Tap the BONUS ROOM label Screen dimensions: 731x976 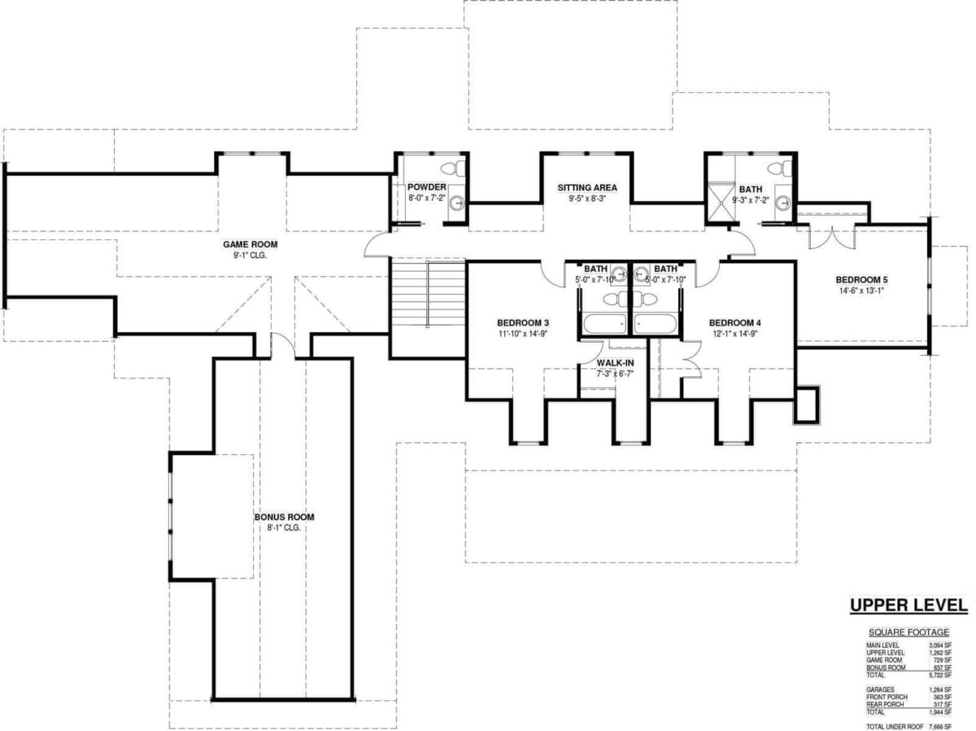click(x=284, y=517)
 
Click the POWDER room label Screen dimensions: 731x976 click(x=426, y=187)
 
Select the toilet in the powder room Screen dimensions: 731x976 click(x=458, y=169)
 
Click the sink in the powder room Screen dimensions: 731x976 click(x=458, y=202)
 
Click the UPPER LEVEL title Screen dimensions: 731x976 click(x=908, y=605)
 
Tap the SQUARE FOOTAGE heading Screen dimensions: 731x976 click(x=908, y=632)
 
